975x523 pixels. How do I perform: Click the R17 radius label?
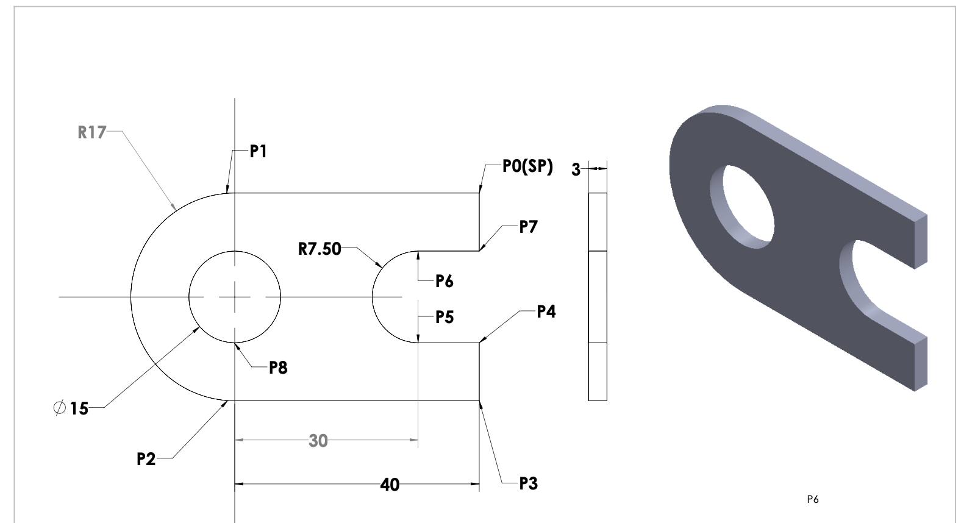click(91, 132)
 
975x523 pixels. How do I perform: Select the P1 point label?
click(259, 151)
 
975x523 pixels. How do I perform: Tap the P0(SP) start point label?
click(527, 166)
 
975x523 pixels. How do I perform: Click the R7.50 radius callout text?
click(320, 249)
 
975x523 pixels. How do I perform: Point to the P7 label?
click(528, 227)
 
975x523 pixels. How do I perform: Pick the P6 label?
click(445, 281)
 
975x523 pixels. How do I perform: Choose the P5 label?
click(445, 317)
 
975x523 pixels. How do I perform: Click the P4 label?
click(546, 312)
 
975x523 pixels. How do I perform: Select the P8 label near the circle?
click(278, 368)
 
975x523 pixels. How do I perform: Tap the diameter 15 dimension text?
click(71, 408)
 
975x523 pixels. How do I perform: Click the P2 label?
click(146, 459)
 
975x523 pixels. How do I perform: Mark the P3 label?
click(528, 484)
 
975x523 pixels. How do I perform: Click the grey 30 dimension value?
click(318, 441)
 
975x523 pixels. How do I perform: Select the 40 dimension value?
click(390, 485)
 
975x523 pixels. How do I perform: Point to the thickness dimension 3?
click(576, 170)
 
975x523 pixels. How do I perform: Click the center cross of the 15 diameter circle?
click(235, 297)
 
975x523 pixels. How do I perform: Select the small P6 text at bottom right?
click(812, 500)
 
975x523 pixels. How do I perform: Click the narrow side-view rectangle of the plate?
click(598, 297)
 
